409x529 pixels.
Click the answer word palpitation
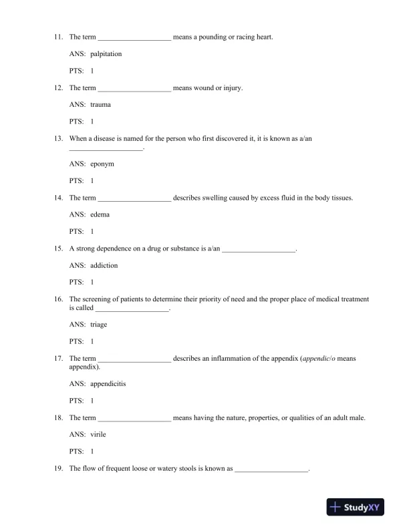point(106,53)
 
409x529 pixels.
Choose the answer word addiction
point(104,265)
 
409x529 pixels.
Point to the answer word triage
point(98,324)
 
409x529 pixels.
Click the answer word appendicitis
point(108,383)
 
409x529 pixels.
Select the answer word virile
point(98,434)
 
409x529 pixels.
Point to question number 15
point(59,248)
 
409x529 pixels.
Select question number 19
point(59,468)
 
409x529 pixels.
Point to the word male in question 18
point(357,417)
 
